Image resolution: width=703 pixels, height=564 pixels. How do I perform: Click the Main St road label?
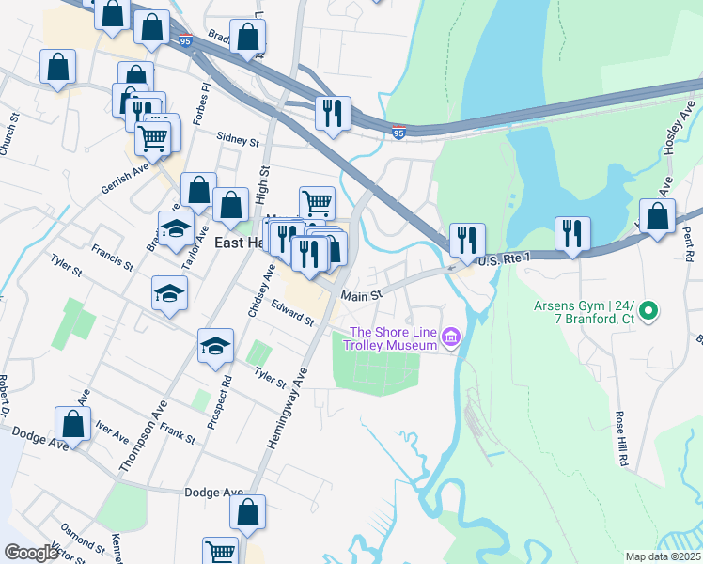[362, 295]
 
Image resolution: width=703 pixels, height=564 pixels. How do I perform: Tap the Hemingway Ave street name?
[287, 405]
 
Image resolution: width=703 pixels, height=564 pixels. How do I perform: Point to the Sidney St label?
[237, 140]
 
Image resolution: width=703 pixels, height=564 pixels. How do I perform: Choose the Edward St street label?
[291, 313]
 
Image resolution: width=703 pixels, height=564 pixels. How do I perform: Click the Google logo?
[32, 553]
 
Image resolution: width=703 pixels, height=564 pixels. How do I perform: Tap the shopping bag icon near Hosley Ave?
[657, 217]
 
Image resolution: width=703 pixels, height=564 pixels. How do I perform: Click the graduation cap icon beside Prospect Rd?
[215, 347]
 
